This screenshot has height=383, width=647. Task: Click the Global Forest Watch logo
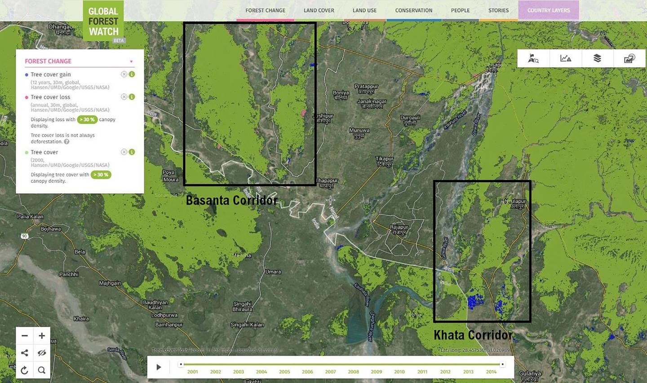coord(103,21)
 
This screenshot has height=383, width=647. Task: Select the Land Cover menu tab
coord(319,10)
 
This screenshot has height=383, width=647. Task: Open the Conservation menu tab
coord(413,10)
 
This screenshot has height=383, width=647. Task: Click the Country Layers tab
coord(548,10)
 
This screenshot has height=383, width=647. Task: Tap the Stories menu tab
coord(498,10)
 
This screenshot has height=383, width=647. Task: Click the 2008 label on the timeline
coord(353,372)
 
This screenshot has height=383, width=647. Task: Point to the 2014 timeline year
coord(491,372)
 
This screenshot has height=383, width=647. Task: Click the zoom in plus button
coord(42,335)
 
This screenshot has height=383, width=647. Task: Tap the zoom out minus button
coord(25,335)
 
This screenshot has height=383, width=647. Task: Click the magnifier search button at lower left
coord(42,370)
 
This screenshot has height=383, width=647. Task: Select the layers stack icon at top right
coord(597,58)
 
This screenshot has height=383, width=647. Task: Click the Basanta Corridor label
coord(231,200)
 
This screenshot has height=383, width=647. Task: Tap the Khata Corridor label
coord(473,335)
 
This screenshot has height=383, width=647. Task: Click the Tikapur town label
coord(384,158)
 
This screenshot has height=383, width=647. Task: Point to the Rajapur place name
coord(399,227)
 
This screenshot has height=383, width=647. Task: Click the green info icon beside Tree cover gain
coord(132,74)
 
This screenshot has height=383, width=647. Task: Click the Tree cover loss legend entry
coord(50,97)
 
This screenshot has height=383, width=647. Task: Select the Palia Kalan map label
coord(30,216)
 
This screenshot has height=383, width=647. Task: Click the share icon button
coord(25,353)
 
